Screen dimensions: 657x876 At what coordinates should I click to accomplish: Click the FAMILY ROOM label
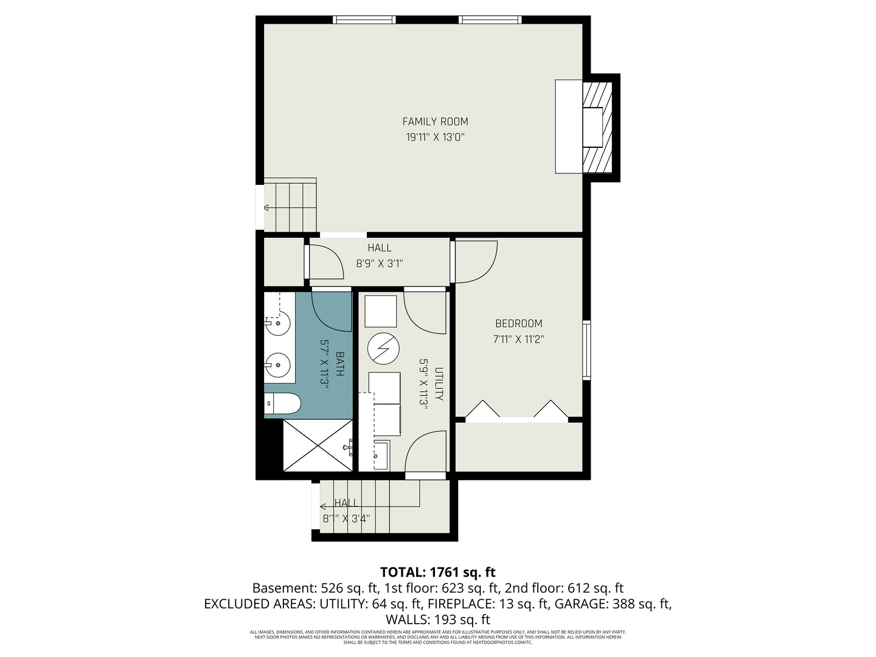coord(435,122)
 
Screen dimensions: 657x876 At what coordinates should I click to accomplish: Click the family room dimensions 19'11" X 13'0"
coord(435,137)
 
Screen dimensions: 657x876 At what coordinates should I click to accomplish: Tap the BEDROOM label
coord(518,324)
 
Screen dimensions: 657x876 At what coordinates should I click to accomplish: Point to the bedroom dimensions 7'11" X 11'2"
coord(518,339)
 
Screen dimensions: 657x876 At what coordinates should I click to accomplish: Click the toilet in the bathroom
coord(283,403)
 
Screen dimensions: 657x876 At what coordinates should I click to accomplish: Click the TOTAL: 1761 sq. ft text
coord(437,572)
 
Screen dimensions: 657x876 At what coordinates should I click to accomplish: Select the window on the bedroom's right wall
coord(586,350)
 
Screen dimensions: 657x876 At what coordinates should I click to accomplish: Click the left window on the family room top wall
coord(364,20)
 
